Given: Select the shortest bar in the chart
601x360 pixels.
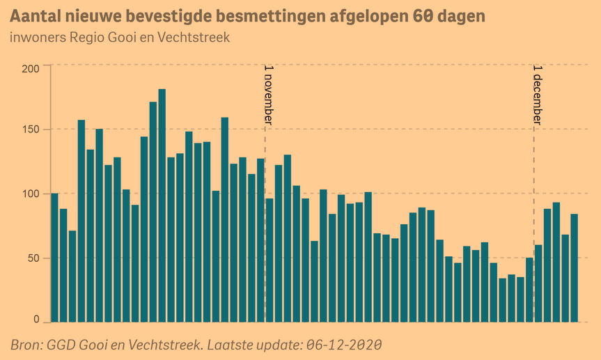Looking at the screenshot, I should [503, 300].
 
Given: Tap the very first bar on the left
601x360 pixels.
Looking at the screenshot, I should [55, 258].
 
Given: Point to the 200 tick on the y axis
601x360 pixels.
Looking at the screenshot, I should [31, 68].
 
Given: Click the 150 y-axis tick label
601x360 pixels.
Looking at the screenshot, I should [31, 130].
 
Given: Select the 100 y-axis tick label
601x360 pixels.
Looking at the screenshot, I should [31, 194].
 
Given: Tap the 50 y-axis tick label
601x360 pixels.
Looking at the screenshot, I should [33, 258].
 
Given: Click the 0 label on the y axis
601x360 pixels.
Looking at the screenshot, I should [37, 320].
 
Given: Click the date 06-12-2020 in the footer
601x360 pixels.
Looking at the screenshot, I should [344, 345].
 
